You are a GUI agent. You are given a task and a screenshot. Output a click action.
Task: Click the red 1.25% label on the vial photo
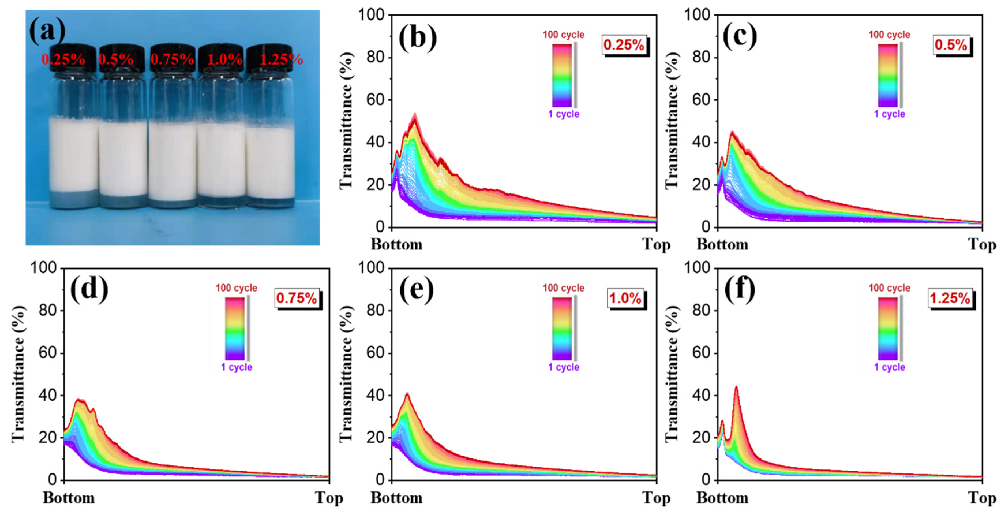pos(281,60)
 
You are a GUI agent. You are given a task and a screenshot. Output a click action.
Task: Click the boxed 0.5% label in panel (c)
pos(950,45)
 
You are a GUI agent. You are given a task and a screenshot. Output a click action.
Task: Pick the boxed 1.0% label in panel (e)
pos(625,298)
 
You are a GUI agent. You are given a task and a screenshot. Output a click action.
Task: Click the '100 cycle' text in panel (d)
pos(236,288)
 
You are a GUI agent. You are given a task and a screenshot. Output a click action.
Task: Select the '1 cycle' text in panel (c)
pos(889,114)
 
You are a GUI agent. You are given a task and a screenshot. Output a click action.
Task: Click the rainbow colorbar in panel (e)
pos(562,328)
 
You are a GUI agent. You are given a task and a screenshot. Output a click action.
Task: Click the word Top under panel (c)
pos(982,245)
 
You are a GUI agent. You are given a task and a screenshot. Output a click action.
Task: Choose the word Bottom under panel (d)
pos(69,498)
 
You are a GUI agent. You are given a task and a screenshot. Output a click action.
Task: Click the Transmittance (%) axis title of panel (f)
pos(672,374)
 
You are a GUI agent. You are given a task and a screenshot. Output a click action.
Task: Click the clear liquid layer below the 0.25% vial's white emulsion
pos(73,198)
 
